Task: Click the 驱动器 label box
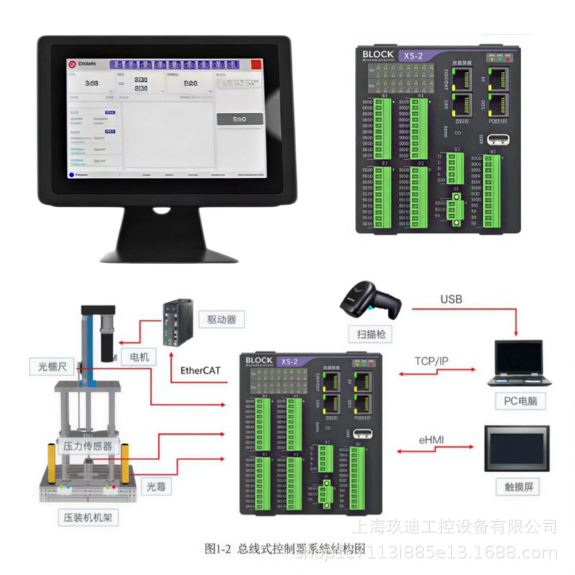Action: (221, 318)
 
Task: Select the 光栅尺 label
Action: (52, 367)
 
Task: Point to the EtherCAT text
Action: (195, 372)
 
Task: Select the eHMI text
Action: (435, 439)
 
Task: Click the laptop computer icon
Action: (517, 363)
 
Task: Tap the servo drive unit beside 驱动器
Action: (178, 323)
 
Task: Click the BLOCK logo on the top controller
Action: (378, 54)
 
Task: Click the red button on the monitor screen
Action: (254, 64)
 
